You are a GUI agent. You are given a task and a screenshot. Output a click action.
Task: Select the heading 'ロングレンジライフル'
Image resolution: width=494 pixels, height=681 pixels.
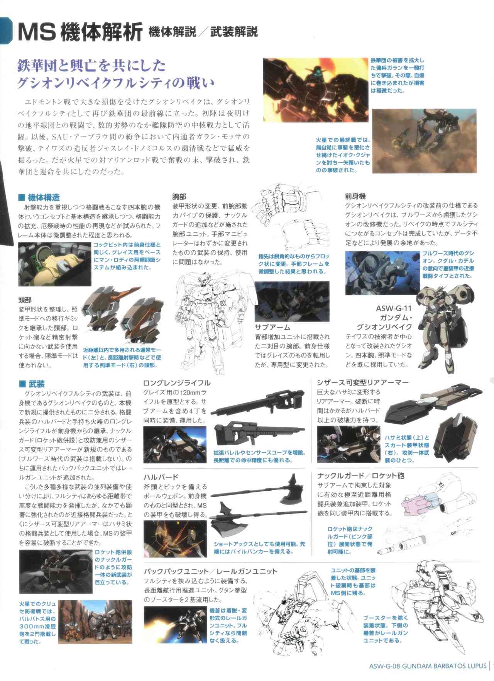pyautogui.click(x=177, y=383)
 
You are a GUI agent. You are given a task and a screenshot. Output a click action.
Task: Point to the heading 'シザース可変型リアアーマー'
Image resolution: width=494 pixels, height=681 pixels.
pyautogui.click(x=362, y=383)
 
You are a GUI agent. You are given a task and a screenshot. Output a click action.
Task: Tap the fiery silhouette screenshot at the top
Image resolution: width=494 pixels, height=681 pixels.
pyautogui.click(x=315, y=84)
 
